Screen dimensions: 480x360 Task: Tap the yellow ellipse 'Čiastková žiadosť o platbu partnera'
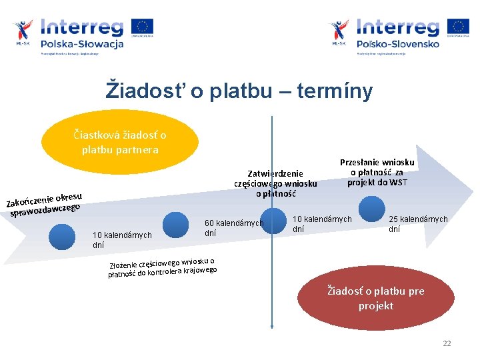coord(120,142)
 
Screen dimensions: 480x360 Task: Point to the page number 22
coord(447,343)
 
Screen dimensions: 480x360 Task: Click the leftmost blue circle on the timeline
coord(62,236)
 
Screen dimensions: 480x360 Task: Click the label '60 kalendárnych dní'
coord(233,228)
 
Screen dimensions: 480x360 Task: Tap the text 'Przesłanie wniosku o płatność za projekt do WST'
coord(377,172)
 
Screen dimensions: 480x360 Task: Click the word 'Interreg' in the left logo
coord(82,27)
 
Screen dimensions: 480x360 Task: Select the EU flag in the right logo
coord(458,27)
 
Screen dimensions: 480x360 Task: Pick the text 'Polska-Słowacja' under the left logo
coord(82,44)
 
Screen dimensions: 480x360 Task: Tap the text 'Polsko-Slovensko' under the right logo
coord(398,44)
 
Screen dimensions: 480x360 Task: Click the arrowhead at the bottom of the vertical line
coord(272,325)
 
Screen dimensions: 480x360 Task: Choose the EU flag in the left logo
coord(142,27)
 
